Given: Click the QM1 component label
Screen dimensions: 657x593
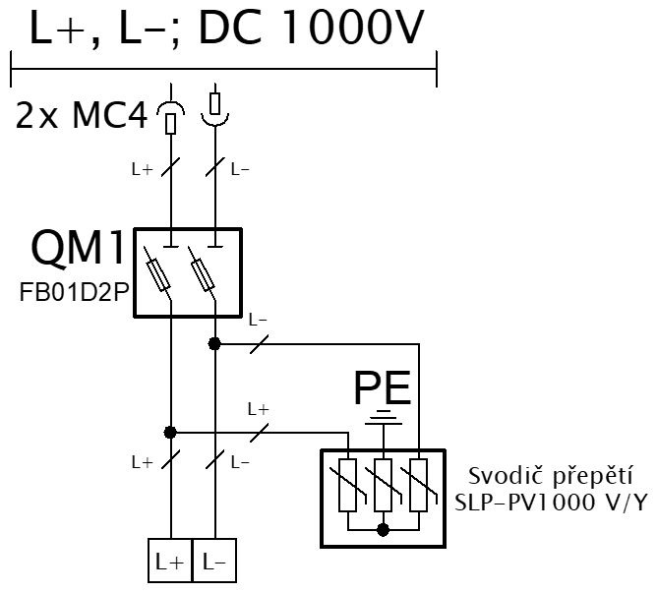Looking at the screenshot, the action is (78, 247).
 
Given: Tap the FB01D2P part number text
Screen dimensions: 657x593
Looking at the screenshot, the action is (74, 292).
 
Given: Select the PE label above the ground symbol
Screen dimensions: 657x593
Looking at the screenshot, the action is (383, 387).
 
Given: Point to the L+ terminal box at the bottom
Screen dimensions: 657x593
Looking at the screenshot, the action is (170, 561).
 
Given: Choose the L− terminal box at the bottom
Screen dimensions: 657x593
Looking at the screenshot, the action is (214, 561).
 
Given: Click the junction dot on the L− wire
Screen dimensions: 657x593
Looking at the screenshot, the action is (214, 344).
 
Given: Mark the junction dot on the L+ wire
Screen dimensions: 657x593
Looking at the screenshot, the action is (170, 432).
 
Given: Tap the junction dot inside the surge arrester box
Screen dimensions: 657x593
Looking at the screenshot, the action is (383, 530).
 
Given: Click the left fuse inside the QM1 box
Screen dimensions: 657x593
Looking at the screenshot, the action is (158, 275).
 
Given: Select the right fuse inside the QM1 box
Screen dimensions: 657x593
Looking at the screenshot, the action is (203, 275).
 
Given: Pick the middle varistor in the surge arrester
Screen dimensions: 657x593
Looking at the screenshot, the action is (383, 485).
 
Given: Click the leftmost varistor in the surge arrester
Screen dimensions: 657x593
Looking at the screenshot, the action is (348, 485).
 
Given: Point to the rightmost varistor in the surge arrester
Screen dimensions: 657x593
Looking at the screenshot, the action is (419, 485).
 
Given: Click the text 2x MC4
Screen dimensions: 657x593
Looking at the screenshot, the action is (82, 116).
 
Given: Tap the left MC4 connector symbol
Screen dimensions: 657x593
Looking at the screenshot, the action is (170, 117).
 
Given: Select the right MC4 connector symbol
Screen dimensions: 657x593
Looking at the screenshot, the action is (215, 108).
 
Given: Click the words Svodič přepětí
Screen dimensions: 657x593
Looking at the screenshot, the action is (550, 477).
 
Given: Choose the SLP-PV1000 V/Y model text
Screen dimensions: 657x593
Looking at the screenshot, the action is (552, 503).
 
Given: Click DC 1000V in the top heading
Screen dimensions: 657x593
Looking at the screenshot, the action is (312, 28).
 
